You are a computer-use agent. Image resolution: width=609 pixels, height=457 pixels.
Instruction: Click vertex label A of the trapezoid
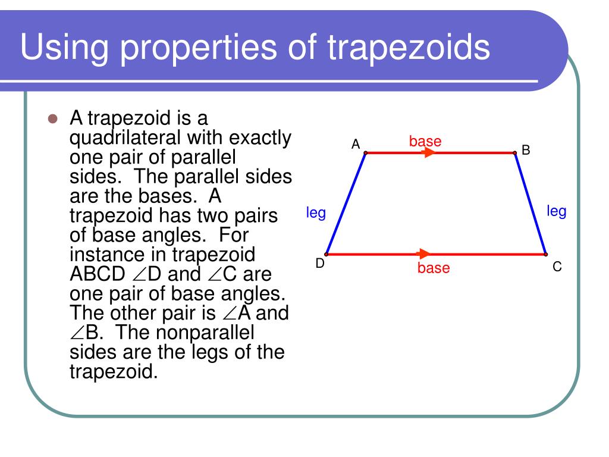356,144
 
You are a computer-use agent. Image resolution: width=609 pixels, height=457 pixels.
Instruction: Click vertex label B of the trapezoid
526,151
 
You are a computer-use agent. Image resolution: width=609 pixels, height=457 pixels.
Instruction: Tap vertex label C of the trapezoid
557,267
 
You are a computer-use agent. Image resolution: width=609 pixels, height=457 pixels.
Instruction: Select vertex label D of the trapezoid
320,264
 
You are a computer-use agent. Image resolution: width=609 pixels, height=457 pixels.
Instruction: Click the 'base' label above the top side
425,142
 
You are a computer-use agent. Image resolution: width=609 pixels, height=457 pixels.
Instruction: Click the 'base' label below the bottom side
434,268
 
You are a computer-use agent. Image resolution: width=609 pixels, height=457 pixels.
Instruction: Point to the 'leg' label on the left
316,213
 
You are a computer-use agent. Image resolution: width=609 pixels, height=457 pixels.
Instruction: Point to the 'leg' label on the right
556,211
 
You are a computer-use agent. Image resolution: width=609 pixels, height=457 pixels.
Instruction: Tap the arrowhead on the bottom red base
424,254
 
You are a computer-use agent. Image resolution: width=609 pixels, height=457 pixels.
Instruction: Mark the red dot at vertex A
365,153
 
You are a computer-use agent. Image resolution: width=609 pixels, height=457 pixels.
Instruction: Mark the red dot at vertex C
546,254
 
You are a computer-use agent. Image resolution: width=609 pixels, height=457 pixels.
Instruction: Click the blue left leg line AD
346,204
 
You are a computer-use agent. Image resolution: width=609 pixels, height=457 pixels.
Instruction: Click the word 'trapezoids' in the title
409,48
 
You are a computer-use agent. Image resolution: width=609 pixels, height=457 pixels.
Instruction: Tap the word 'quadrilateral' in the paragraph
127,138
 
